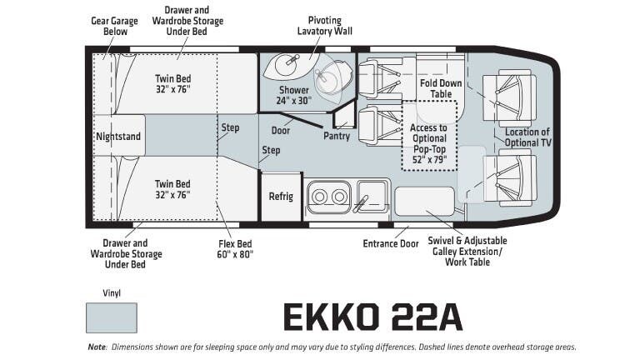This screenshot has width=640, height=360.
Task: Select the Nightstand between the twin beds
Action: [118, 135]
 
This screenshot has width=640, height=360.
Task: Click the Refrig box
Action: [281, 197]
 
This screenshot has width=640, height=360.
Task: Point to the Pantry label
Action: [336, 136]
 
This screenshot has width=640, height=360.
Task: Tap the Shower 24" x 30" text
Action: [293, 95]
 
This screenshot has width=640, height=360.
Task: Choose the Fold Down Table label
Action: [441, 87]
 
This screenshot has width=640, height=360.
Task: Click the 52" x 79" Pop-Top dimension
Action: [429, 158]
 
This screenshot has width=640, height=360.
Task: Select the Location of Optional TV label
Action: [527, 137]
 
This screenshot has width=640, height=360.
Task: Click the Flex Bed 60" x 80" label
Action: [229, 249]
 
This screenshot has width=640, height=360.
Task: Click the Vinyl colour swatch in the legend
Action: [111, 317]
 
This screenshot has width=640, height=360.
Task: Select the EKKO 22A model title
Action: [372, 317]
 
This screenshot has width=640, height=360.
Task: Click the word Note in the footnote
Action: [96, 347]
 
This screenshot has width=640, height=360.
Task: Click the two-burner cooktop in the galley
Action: [327, 197]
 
